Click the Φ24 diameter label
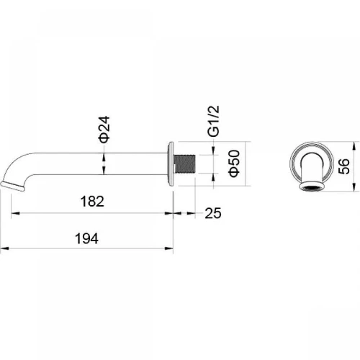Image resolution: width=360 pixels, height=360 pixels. (104, 130)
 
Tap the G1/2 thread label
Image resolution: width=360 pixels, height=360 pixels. (214, 121)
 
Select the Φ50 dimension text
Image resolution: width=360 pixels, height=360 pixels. (234, 163)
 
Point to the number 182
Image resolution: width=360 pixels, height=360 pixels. (92, 202)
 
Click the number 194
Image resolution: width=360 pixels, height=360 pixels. (86, 238)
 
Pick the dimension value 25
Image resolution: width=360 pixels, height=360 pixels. (213, 213)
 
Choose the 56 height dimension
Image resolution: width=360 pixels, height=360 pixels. (343, 166)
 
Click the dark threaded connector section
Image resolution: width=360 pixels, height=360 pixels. (185, 164)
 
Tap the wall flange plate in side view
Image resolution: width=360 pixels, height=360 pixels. (171, 163)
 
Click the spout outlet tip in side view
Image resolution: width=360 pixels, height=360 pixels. (12, 186)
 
